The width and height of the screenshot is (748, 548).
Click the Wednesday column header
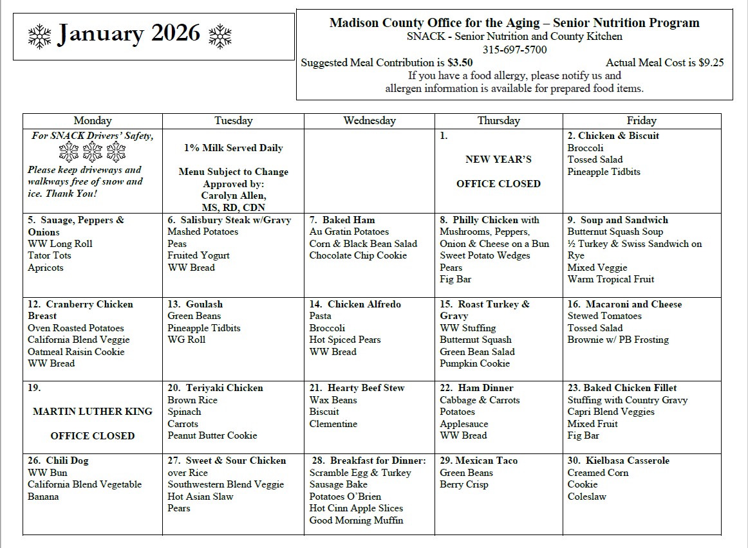point(369,121)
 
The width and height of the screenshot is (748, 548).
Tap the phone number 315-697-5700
point(514,50)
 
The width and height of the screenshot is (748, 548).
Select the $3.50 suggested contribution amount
point(460,63)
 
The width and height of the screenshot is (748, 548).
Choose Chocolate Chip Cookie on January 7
point(358,255)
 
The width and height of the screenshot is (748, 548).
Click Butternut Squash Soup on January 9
point(615,232)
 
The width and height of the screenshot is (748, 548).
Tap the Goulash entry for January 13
point(204,304)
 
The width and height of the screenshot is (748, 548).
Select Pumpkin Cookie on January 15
point(474,363)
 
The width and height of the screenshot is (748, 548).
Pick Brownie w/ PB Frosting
point(618,340)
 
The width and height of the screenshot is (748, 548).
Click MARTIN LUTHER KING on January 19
point(93,412)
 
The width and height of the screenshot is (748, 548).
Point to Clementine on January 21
point(333,424)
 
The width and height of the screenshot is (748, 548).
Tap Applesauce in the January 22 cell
point(463,424)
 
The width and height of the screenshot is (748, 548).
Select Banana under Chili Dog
point(43,497)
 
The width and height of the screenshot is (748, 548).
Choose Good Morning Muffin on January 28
point(356,520)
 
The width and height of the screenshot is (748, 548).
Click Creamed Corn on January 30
point(598,473)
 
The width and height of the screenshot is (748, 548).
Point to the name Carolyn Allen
point(233,196)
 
